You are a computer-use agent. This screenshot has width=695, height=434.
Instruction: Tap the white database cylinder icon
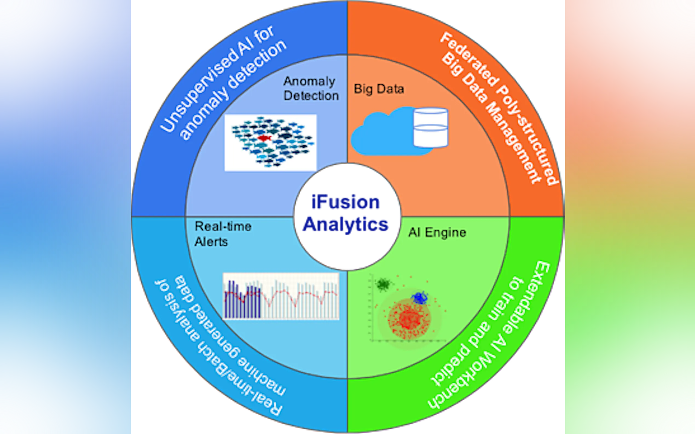(x=430, y=127)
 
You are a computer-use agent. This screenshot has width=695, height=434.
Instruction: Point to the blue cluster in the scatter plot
(x=419, y=298)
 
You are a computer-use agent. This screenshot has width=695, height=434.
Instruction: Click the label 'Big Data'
(x=379, y=89)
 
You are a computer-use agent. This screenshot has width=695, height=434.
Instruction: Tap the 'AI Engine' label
(x=437, y=233)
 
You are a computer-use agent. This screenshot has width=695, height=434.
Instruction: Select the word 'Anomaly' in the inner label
(x=309, y=81)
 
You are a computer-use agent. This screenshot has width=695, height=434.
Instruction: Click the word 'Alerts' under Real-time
(x=211, y=242)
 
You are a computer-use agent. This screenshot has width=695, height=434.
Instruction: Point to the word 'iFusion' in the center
(x=346, y=203)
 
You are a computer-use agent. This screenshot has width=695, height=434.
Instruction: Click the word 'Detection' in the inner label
(x=311, y=96)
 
